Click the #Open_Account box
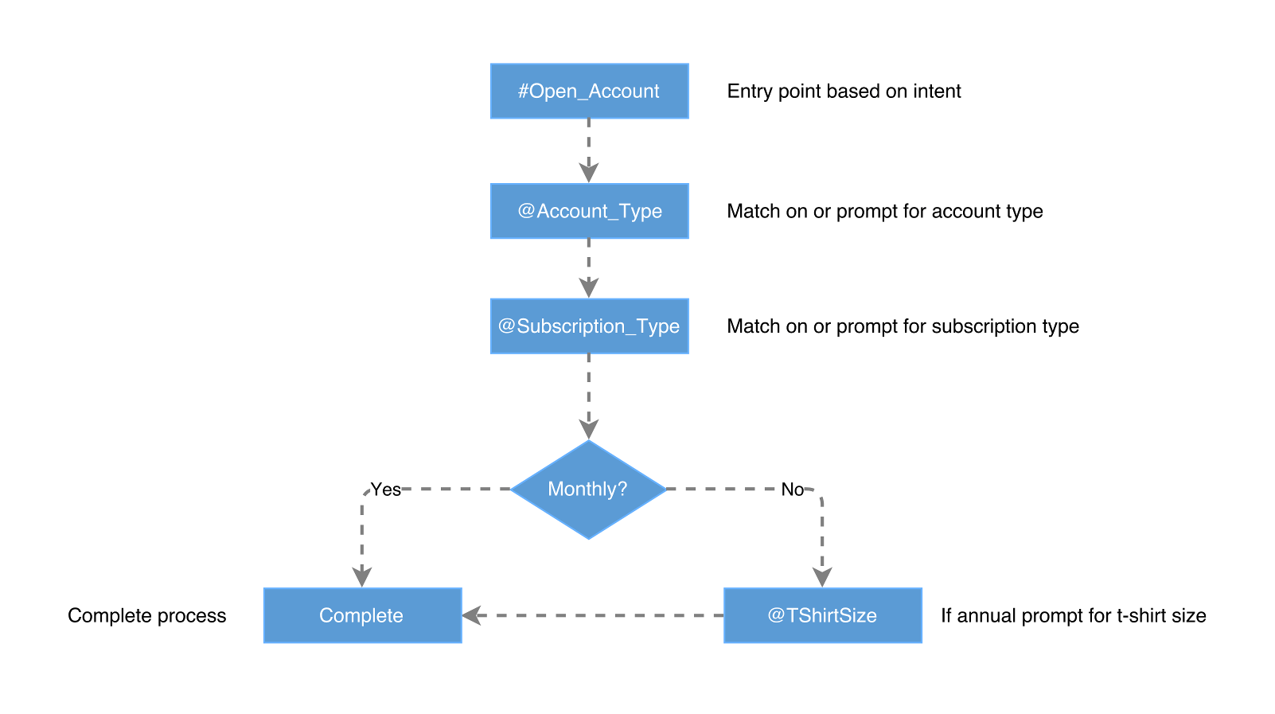pyautogui.click(x=589, y=92)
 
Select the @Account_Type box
pyautogui.click(x=589, y=211)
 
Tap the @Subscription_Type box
pyautogui.click(x=589, y=326)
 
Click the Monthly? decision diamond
pyautogui.click(x=588, y=490)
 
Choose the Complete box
pyautogui.click(x=362, y=615)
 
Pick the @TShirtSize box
pyautogui.click(x=822, y=615)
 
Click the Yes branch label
pyautogui.click(x=386, y=490)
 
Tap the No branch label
pyautogui.click(x=792, y=490)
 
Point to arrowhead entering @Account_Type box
pyautogui.click(x=589, y=173)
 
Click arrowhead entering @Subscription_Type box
pyautogui.click(x=589, y=287)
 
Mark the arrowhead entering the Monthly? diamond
pyautogui.click(x=589, y=429)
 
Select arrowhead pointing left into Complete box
pyautogui.click(x=472, y=615)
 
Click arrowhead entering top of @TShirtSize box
pyautogui.click(x=822, y=577)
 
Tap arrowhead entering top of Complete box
pyautogui.click(x=362, y=577)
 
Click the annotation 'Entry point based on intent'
pyautogui.click(x=844, y=92)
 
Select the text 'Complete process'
pyautogui.click(x=146, y=615)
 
